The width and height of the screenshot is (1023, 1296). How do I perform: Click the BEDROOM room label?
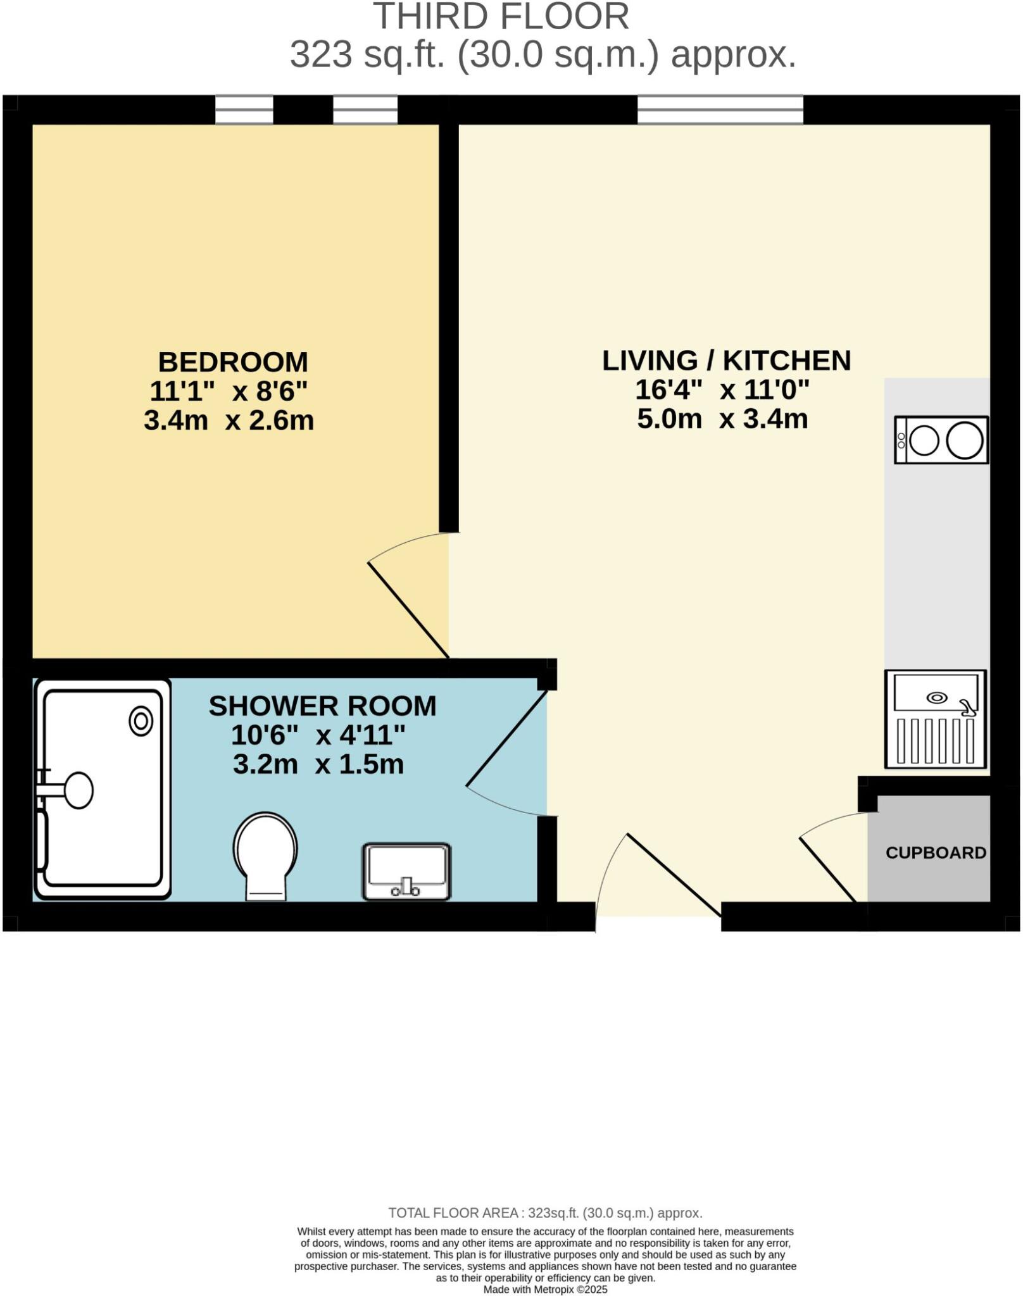[x=233, y=362]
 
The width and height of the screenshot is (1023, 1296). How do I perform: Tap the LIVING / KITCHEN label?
[x=726, y=361]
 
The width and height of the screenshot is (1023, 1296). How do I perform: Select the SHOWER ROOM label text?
[x=322, y=706]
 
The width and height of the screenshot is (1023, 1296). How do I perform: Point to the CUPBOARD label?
[x=936, y=853]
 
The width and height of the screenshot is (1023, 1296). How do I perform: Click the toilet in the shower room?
[x=265, y=854]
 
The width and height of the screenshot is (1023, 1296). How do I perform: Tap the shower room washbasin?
[x=406, y=871]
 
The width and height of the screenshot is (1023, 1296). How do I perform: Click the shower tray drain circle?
[x=141, y=721]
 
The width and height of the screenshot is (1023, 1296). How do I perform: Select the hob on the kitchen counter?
[x=941, y=440]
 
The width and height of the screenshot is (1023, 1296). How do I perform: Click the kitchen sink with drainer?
[x=936, y=719]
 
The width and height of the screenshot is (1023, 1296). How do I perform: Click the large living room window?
[x=720, y=110]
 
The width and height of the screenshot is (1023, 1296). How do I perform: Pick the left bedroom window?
[x=244, y=110]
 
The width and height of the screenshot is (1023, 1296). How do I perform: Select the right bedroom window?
[x=365, y=110]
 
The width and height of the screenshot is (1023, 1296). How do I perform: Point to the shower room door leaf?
[x=506, y=738]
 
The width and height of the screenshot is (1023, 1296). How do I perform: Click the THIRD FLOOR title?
[x=501, y=16]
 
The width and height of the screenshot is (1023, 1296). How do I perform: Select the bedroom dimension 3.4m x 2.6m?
[x=229, y=421]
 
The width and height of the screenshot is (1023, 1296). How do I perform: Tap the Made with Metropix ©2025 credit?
[x=545, y=1290]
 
